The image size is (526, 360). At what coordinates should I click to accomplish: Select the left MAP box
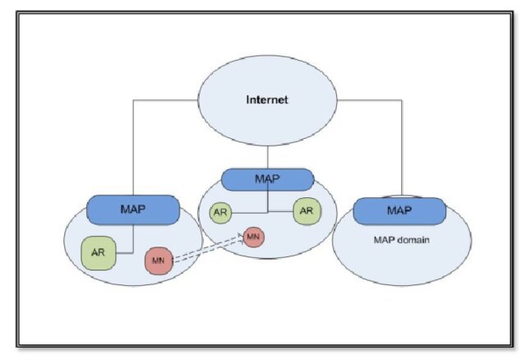[x=132, y=209]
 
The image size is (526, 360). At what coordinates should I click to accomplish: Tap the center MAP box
[x=268, y=179]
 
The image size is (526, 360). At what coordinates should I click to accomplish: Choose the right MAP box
[x=399, y=211]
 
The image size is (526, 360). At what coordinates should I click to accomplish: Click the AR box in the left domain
[x=98, y=253]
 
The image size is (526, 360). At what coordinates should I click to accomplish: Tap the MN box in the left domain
[x=159, y=261]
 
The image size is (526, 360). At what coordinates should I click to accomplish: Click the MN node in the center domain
[x=253, y=237]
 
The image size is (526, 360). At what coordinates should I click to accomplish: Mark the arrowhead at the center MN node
[x=242, y=237]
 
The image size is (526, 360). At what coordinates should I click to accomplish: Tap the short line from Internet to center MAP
[x=268, y=157]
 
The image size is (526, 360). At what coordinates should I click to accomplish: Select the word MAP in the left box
[x=132, y=209]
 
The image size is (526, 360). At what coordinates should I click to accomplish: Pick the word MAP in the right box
[x=399, y=211]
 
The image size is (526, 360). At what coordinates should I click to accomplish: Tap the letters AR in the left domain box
[x=98, y=253]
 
